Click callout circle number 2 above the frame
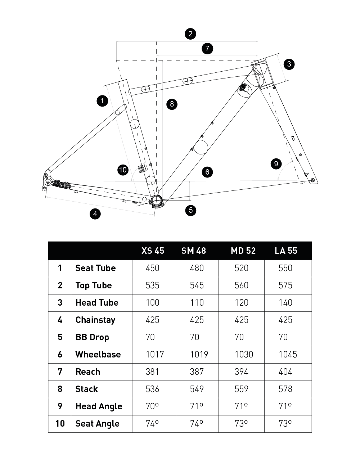click(190, 34)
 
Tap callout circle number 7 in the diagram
click(207, 49)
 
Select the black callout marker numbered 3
click(289, 64)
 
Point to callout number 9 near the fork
click(276, 164)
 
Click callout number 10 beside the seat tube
click(123, 170)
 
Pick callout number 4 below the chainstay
click(95, 214)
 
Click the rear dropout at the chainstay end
click(47, 179)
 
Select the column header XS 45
click(153, 251)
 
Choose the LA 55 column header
click(286, 251)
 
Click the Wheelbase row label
click(98, 355)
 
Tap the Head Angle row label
click(99, 406)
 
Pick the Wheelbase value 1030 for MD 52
click(244, 355)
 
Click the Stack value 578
click(285, 389)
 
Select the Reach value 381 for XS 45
click(152, 372)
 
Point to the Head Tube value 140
click(285, 303)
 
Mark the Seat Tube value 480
click(197, 268)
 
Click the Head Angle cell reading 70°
click(152, 406)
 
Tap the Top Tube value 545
click(197, 285)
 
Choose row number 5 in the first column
click(60, 337)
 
